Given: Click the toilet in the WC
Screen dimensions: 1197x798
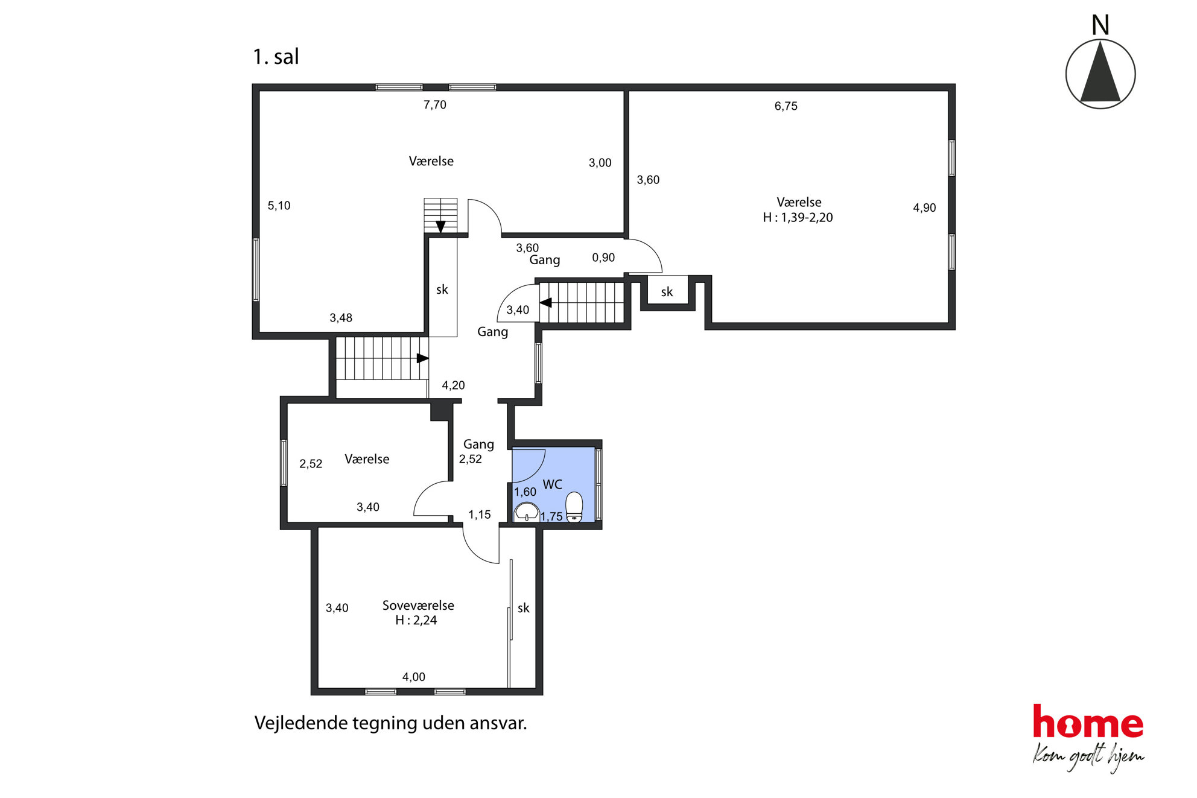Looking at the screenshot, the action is click(574, 507).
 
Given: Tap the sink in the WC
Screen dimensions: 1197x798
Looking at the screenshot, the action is click(526, 511).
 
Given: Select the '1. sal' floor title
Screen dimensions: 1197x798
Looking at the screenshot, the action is click(276, 57).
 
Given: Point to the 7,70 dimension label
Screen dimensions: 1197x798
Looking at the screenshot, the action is click(434, 105).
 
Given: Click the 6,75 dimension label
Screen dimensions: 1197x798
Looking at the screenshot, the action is click(786, 106).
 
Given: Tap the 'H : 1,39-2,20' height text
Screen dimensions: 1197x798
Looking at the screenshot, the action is click(798, 218).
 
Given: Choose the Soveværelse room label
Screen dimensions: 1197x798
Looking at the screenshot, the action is click(418, 605).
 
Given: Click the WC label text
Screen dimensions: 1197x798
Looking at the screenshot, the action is click(552, 484).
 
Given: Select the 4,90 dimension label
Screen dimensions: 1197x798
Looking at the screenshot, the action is click(924, 208).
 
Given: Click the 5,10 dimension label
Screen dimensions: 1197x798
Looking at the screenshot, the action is click(279, 206).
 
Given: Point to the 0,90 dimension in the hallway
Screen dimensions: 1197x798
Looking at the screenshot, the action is click(603, 258).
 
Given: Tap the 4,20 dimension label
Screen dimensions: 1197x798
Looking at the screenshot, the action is click(453, 385).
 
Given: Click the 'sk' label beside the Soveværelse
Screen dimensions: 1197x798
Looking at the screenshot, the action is click(524, 608).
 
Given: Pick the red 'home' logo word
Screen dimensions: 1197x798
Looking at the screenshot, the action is click(1088, 721).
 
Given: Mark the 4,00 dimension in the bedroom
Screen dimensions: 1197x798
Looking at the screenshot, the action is click(414, 677).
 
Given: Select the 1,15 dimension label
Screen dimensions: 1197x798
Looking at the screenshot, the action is click(480, 515).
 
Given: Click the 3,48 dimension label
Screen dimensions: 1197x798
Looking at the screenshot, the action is click(341, 318).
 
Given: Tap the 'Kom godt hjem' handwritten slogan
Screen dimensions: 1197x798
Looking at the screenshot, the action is click(1088, 756).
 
